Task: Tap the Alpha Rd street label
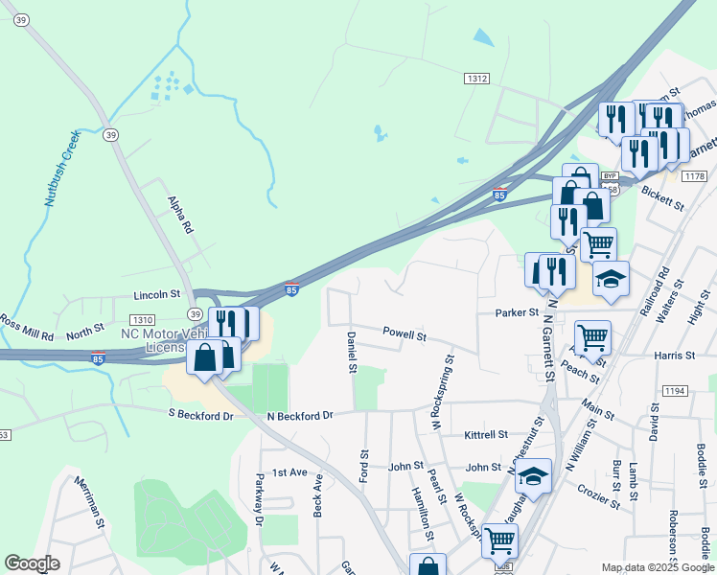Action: coord(180,216)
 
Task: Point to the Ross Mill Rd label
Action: coord(26,327)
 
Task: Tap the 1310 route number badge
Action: coord(142,319)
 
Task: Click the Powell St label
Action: coord(404,335)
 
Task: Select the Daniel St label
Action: coord(352,352)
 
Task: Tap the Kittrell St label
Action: coord(485,434)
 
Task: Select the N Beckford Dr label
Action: coord(299,416)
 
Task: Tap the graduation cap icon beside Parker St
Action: coord(611,280)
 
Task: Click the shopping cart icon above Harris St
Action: coord(593,337)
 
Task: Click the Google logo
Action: coord(32,563)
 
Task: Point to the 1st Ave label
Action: coord(289,472)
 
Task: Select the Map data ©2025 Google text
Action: coord(658,567)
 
